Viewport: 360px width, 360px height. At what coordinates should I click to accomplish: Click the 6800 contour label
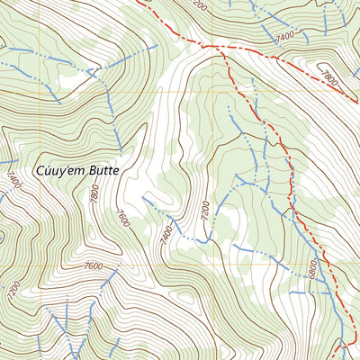pos(311,268)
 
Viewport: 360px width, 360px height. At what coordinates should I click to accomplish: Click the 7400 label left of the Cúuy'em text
pos(12,167)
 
